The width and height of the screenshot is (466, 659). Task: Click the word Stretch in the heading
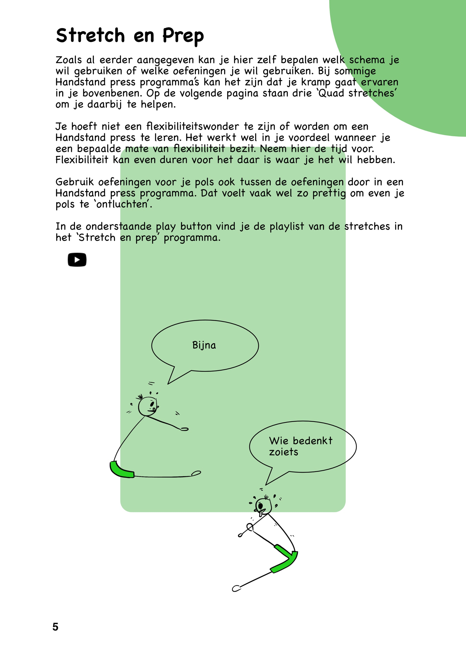90,36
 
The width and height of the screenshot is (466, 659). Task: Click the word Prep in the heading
183,36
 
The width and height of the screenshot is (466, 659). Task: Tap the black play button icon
77,260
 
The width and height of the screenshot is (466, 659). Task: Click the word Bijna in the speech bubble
204,345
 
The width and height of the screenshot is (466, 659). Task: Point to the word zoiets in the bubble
284,452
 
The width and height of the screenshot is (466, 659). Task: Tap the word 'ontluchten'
123,204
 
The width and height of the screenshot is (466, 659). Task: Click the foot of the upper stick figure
196,473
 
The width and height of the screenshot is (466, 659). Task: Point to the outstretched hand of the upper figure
184,429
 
